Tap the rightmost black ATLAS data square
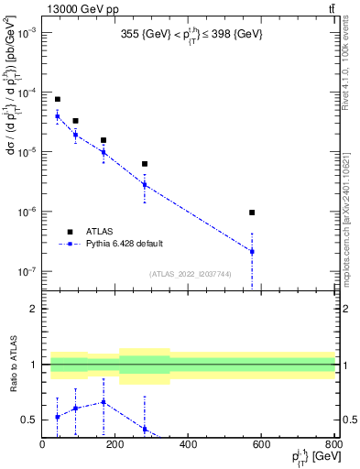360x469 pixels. coord(252,213)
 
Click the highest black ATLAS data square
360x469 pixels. coord(57,99)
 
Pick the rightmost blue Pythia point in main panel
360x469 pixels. coord(252,251)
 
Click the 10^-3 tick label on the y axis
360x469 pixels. coord(26,33)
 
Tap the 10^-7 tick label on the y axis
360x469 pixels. coord(26,272)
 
